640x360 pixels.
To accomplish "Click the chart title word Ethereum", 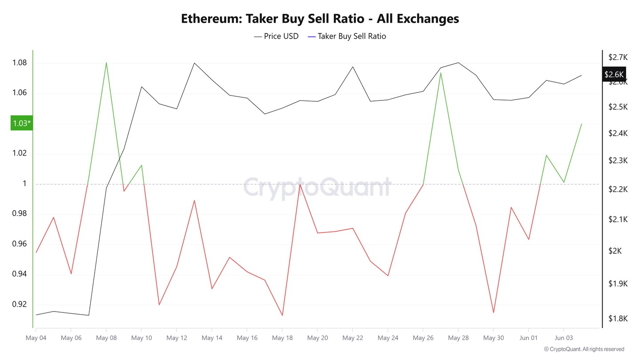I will tap(212, 19).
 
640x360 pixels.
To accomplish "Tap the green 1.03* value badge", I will tap(21, 124).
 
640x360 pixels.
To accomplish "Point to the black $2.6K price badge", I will tap(614, 74).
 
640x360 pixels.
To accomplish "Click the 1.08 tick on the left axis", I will tap(19, 63).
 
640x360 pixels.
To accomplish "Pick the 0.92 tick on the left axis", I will tap(19, 304).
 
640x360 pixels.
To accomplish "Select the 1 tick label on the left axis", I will tap(25, 184).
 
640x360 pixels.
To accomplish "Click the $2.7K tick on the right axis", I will tap(617, 57).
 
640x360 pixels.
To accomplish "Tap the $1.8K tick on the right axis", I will tap(617, 319).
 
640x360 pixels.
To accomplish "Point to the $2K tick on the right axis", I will tap(615, 251).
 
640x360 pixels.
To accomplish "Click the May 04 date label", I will tap(36, 338).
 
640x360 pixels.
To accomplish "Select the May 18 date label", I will tap(282, 338).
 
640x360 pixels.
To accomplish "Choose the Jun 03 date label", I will tap(564, 338).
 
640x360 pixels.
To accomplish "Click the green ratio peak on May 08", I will tap(106, 63).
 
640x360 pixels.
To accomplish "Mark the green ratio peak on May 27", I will tap(440, 72).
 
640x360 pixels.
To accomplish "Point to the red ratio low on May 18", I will tap(282, 316).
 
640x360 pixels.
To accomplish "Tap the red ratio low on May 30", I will tap(493, 312).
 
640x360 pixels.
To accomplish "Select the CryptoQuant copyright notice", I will tap(584, 349).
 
